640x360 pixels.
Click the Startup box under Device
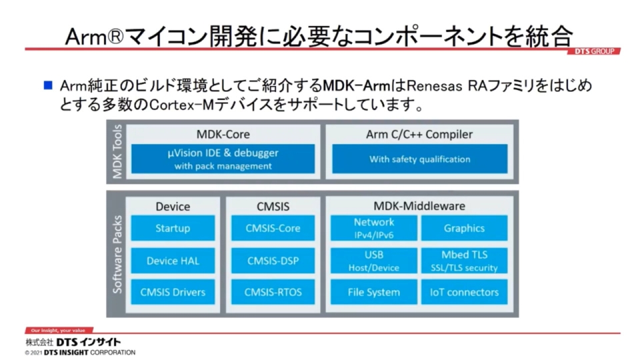point(173,228)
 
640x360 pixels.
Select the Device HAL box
point(173,261)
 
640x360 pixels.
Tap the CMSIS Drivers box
point(173,292)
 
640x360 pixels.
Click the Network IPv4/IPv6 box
point(373,227)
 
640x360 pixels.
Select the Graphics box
point(464,228)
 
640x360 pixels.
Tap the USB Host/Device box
point(373,261)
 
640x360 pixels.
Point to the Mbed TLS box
point(464,261)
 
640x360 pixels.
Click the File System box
point(373,292)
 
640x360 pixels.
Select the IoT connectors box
point(464,292)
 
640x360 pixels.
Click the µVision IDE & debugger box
point(223,159)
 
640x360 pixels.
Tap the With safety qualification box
point(419,159)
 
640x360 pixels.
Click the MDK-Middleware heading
point(419,206)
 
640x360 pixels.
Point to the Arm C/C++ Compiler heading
point(419,134)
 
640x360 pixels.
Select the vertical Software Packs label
point(117,254)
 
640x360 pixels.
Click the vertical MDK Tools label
point(117,153)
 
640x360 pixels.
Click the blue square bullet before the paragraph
point(47,86)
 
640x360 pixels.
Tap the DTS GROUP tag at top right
point(595,51)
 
